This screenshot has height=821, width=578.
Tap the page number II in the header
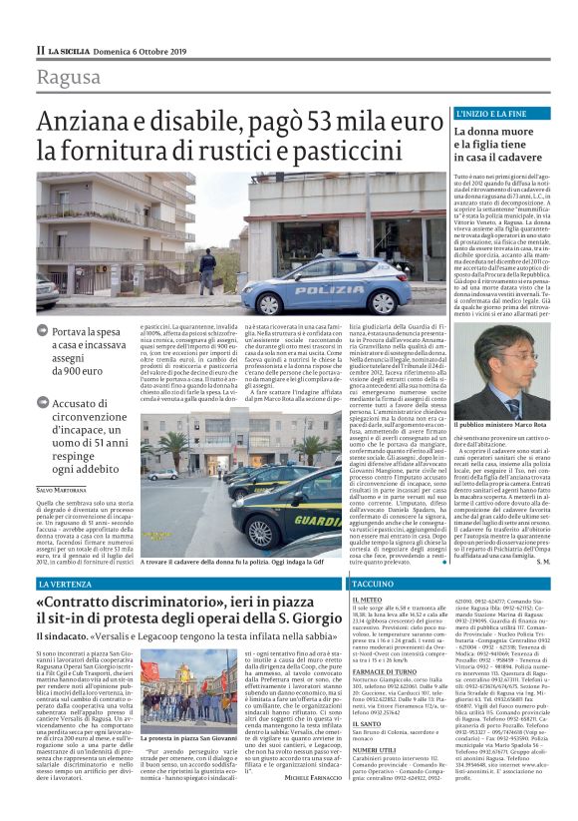[x=41, y=50]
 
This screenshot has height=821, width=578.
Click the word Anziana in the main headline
[x=96, y=122]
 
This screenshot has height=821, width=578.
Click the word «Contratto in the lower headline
[x=85, y=605]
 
